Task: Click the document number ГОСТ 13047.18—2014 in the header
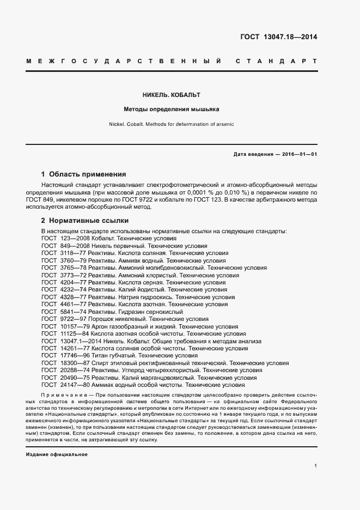tap(278, 38)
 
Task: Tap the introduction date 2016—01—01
tap(300, 154)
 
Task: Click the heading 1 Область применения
tap(84, 175)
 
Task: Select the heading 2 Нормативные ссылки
tap(85, 221)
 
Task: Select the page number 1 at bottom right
tap(316, 466)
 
